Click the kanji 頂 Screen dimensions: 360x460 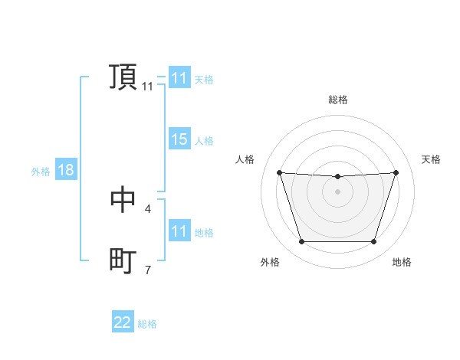123,77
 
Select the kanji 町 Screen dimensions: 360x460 123,261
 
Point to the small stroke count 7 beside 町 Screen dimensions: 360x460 147,270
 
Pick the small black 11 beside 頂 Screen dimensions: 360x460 147,87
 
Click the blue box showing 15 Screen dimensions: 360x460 179,139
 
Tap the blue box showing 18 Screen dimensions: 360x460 66,170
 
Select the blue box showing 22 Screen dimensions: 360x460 123,322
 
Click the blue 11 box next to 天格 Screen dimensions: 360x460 179,78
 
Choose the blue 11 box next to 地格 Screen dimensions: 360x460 179,231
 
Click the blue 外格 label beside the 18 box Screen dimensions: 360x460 41,172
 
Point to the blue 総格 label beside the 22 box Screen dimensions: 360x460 147,324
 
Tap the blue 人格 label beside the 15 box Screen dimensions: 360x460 204,141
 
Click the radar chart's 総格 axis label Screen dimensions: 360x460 337,100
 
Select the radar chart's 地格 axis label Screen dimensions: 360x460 402,262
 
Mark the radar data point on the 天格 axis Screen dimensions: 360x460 396,172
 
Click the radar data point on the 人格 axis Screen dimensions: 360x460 279,172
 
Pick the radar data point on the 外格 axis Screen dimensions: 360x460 301,242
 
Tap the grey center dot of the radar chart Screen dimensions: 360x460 337,191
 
